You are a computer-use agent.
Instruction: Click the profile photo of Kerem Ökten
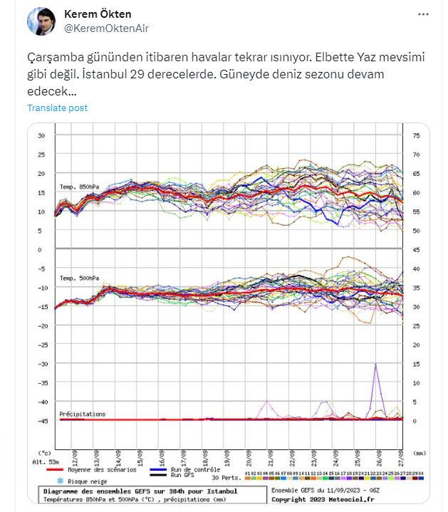(x=41, y=21)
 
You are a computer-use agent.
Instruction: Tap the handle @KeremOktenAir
(x=107, y=28)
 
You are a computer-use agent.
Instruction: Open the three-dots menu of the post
(x=423, y=15)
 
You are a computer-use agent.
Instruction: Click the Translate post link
(x=57, y=108)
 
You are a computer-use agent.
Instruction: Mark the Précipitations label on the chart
(x=82, y=414)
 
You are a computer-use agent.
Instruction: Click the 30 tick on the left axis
(x=41, y=135)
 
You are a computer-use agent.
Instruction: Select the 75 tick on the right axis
(x=417, y=135)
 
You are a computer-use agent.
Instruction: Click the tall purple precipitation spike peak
(x=375, y=365)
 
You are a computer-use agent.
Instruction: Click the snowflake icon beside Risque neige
(x=50, y=481)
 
